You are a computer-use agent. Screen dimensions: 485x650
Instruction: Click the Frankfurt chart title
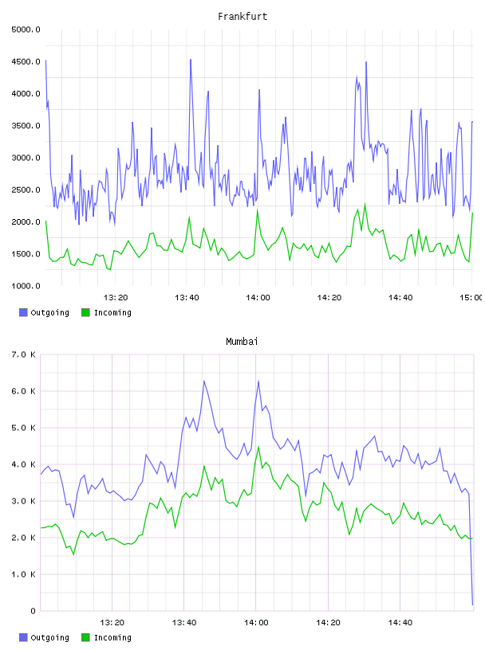(242, 17)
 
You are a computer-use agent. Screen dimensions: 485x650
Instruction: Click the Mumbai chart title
(242, 342)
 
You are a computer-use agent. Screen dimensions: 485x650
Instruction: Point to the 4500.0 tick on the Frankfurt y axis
(26, 61)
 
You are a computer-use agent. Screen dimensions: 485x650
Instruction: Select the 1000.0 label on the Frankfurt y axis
(26, 286)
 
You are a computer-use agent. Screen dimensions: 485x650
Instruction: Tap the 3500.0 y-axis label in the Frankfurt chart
(26, 126)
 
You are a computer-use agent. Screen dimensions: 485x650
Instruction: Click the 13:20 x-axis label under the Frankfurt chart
(116, 297)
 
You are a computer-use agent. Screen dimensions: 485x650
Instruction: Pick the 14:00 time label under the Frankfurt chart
(258, 297)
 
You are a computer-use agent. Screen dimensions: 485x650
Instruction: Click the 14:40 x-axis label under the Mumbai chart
(400, 622)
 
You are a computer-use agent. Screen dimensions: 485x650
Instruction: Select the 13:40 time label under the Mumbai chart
(184, 622)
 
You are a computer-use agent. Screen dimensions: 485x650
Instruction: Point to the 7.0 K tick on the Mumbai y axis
(23, 354)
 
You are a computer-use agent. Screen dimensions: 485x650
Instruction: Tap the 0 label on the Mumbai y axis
(33, 611)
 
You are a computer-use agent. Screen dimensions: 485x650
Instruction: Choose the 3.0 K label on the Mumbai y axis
(23, 501)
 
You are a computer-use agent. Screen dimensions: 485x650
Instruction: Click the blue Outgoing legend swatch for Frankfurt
(23, 312)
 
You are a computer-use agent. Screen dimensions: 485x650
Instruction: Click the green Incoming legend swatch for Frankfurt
(85, 312)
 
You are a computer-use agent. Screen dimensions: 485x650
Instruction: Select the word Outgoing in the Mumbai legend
(49, 637)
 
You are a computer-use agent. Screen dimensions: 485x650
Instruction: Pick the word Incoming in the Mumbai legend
(112, 637)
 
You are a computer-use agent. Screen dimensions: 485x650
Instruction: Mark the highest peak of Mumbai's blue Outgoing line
(204, 381)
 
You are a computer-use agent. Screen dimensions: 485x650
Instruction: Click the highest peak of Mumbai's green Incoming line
(258, 447)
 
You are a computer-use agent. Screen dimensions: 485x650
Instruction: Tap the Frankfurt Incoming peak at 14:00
(258, 210)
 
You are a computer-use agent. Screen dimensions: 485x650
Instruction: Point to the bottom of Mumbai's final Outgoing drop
(472, 605)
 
